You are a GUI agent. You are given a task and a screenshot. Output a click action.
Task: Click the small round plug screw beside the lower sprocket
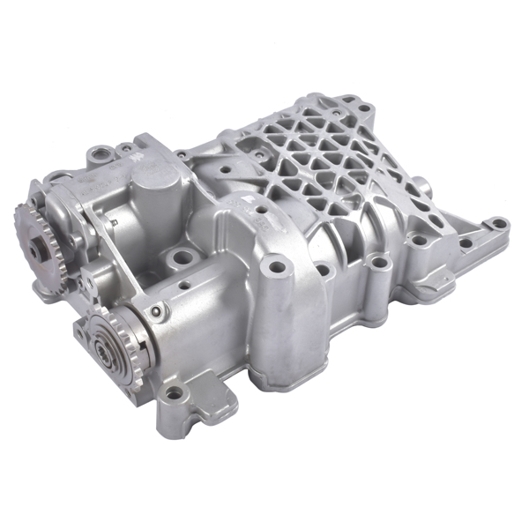[156, 310]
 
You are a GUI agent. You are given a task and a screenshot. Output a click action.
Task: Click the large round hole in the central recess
[183, 260]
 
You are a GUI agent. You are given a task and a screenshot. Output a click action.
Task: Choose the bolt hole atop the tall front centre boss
[279, 264]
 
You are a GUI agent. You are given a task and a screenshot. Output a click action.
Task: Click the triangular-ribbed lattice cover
[317, 168]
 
